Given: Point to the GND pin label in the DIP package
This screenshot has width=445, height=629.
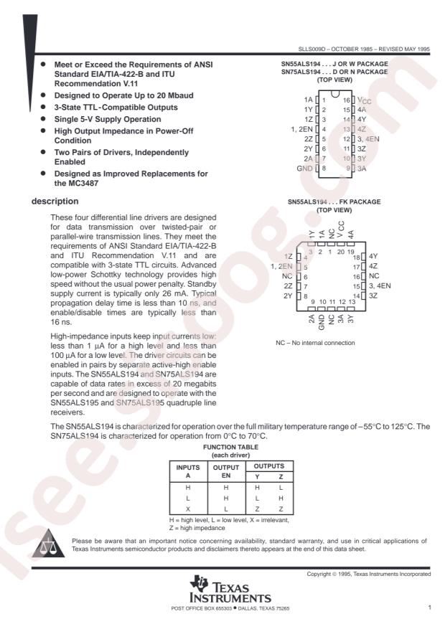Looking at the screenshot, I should point(304,168).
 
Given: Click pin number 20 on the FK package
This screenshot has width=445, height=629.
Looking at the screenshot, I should point(340,252).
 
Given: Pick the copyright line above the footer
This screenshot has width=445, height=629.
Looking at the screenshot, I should point(368,574).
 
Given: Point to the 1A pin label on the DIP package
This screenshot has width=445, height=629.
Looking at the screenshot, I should point(309,99).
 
